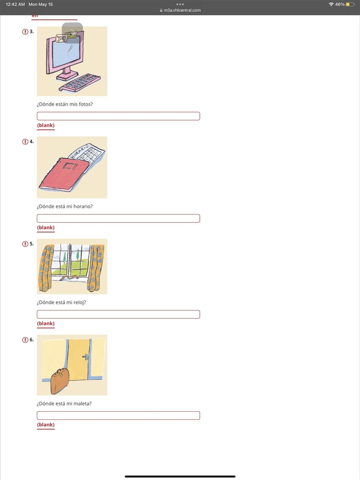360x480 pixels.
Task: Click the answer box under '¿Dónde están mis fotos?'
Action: pos(118,116)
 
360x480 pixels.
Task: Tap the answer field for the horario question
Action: pos(118,218)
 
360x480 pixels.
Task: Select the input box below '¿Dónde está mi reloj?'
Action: pos(118,314)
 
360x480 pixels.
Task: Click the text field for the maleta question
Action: pos(118,415)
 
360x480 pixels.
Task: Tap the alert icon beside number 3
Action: pos(25,31)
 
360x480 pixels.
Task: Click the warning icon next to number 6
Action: pos(25,340)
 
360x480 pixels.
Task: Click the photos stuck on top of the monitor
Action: pos(66,37)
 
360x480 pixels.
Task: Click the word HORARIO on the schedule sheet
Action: pos(80,152)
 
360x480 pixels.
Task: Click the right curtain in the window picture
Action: pos(95,268)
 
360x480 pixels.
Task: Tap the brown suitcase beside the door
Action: pos(60,381)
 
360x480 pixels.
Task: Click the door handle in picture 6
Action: pos(85,356)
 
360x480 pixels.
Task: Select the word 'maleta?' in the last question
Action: pos(83,404)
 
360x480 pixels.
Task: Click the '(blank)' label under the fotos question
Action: pos(45,125)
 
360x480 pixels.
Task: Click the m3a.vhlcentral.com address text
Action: pos(182,10)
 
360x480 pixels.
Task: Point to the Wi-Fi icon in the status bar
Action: pos(331,4)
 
